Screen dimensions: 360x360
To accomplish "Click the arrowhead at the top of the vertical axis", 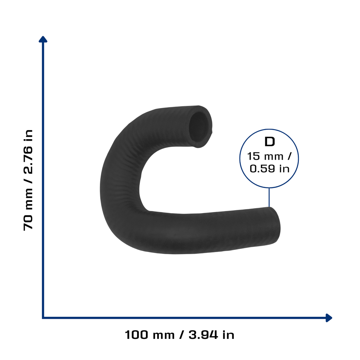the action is pyautogui.click(x=43, y=39).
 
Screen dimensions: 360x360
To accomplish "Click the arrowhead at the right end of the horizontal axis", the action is pyautogui.click(x=329, y=318).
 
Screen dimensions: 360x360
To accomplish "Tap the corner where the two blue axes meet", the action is pyautogui.click(x=43, y=318).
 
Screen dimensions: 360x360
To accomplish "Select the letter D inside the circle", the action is pyautogui.click(x=270, y=142).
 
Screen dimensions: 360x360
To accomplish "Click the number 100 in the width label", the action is pyautogui.click(x=136, y=335).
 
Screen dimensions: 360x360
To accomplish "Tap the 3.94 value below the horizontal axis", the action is pyautogui.click(x=203, y=335).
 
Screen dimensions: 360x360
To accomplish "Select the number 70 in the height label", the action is pyautogui.click(x=28, y=223).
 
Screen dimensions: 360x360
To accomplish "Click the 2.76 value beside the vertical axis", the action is pyautogui.click(x=28, y=160).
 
